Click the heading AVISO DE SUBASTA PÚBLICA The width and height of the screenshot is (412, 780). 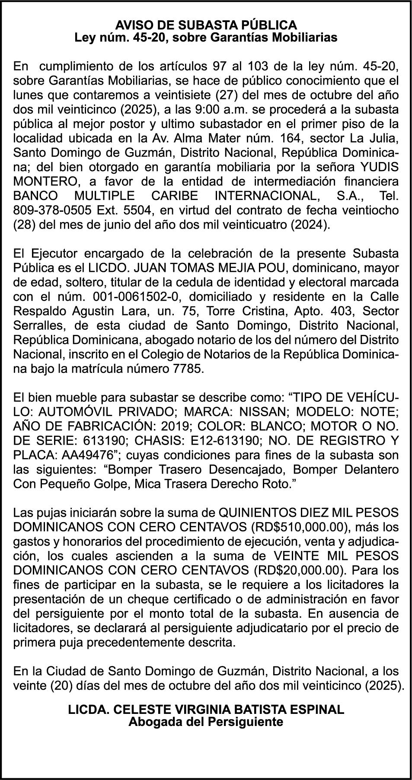coord(206,25)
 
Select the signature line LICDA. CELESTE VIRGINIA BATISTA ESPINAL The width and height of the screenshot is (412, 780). coord(206,709)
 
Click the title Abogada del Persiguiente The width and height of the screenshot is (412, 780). coord(206,721)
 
